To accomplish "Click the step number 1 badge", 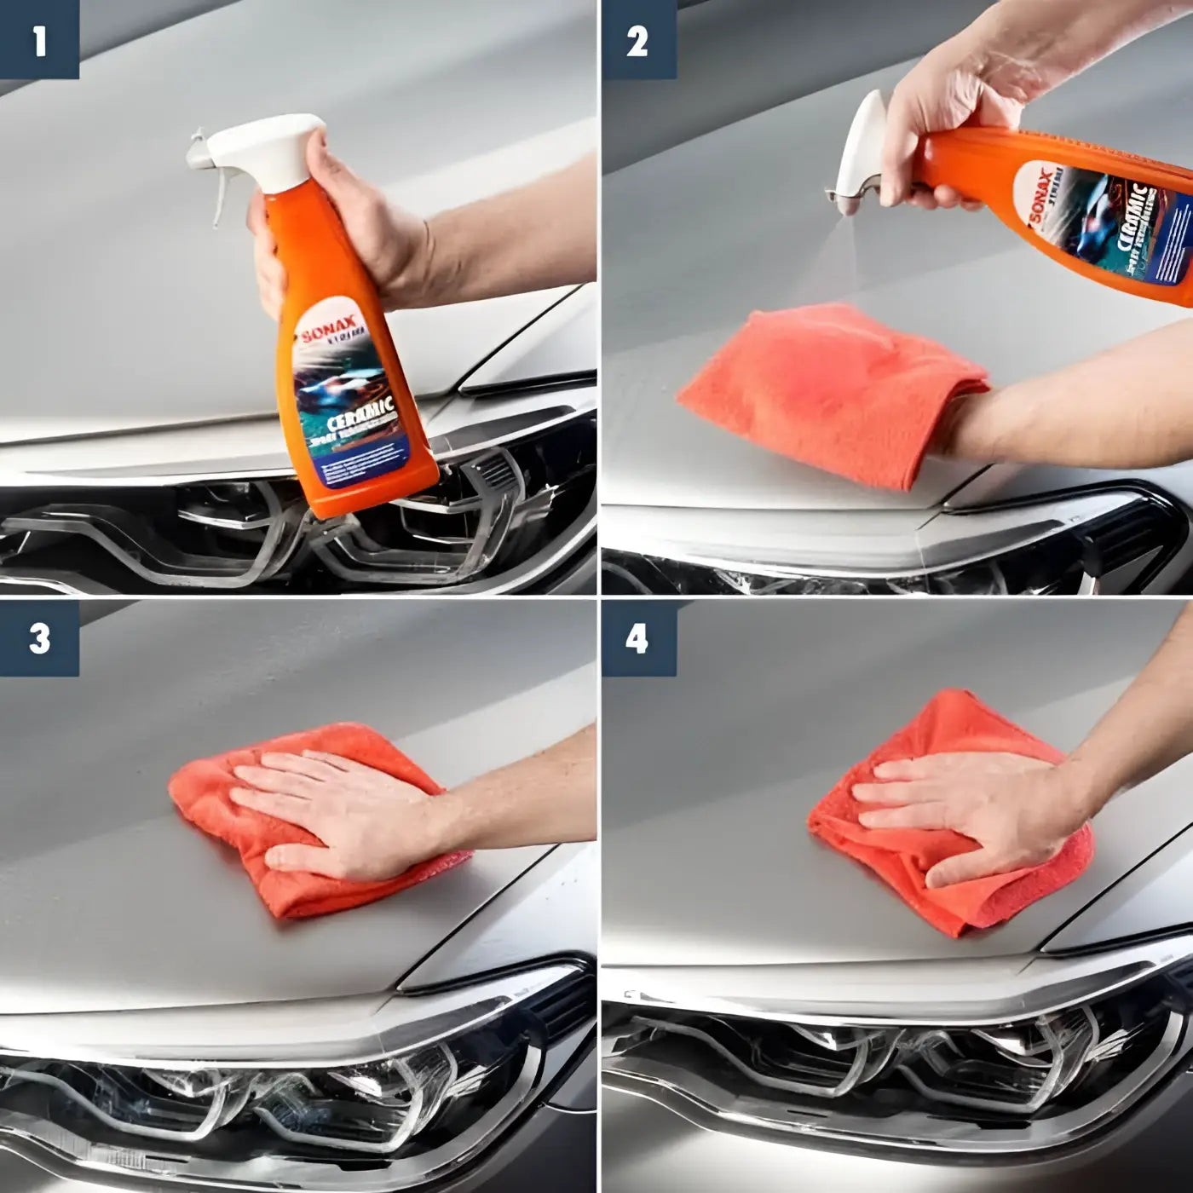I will click(x=39, y=39).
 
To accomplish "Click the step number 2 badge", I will click(x=638, y=39).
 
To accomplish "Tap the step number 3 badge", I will click(x=39, y=638).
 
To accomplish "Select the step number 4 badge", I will click(x=638, y=638).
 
